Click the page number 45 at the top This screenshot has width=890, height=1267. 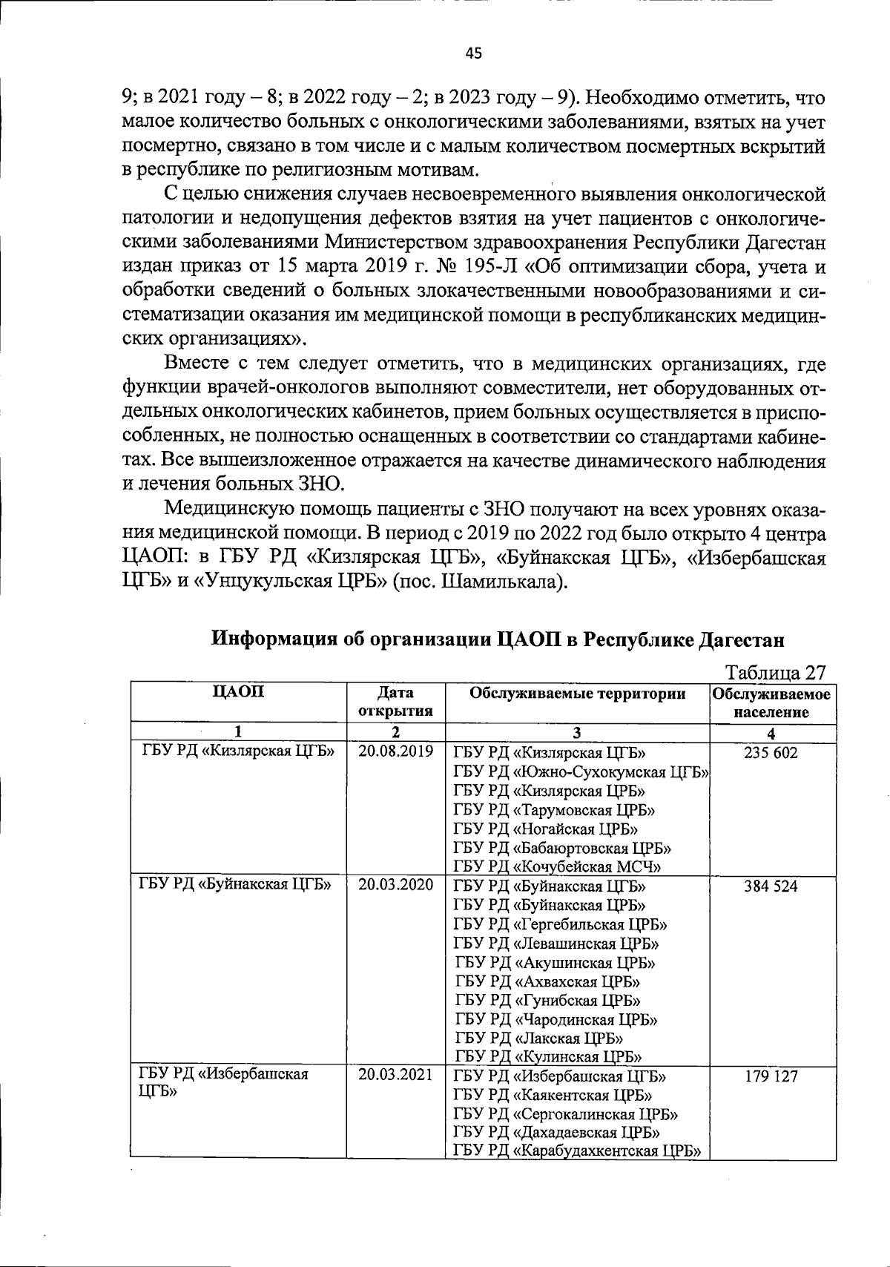point(474,53)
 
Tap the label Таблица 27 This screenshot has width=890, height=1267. point(775,672)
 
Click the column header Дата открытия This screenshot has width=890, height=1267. point(395,702)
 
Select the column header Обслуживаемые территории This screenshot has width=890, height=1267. point(577,694)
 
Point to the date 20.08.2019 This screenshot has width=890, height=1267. point(395,751)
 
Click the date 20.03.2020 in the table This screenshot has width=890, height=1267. point(395,885)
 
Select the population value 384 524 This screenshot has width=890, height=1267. point(771,886)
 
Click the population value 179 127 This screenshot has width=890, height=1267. point(771,1076)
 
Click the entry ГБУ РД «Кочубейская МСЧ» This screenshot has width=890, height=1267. point(557,866)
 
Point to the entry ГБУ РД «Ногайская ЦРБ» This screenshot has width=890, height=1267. point(545,829)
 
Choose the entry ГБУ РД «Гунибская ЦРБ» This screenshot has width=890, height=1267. point(548,1000)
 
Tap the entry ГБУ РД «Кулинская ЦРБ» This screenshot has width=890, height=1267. point(548,1056)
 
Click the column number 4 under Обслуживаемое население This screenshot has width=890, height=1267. point(771,733)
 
